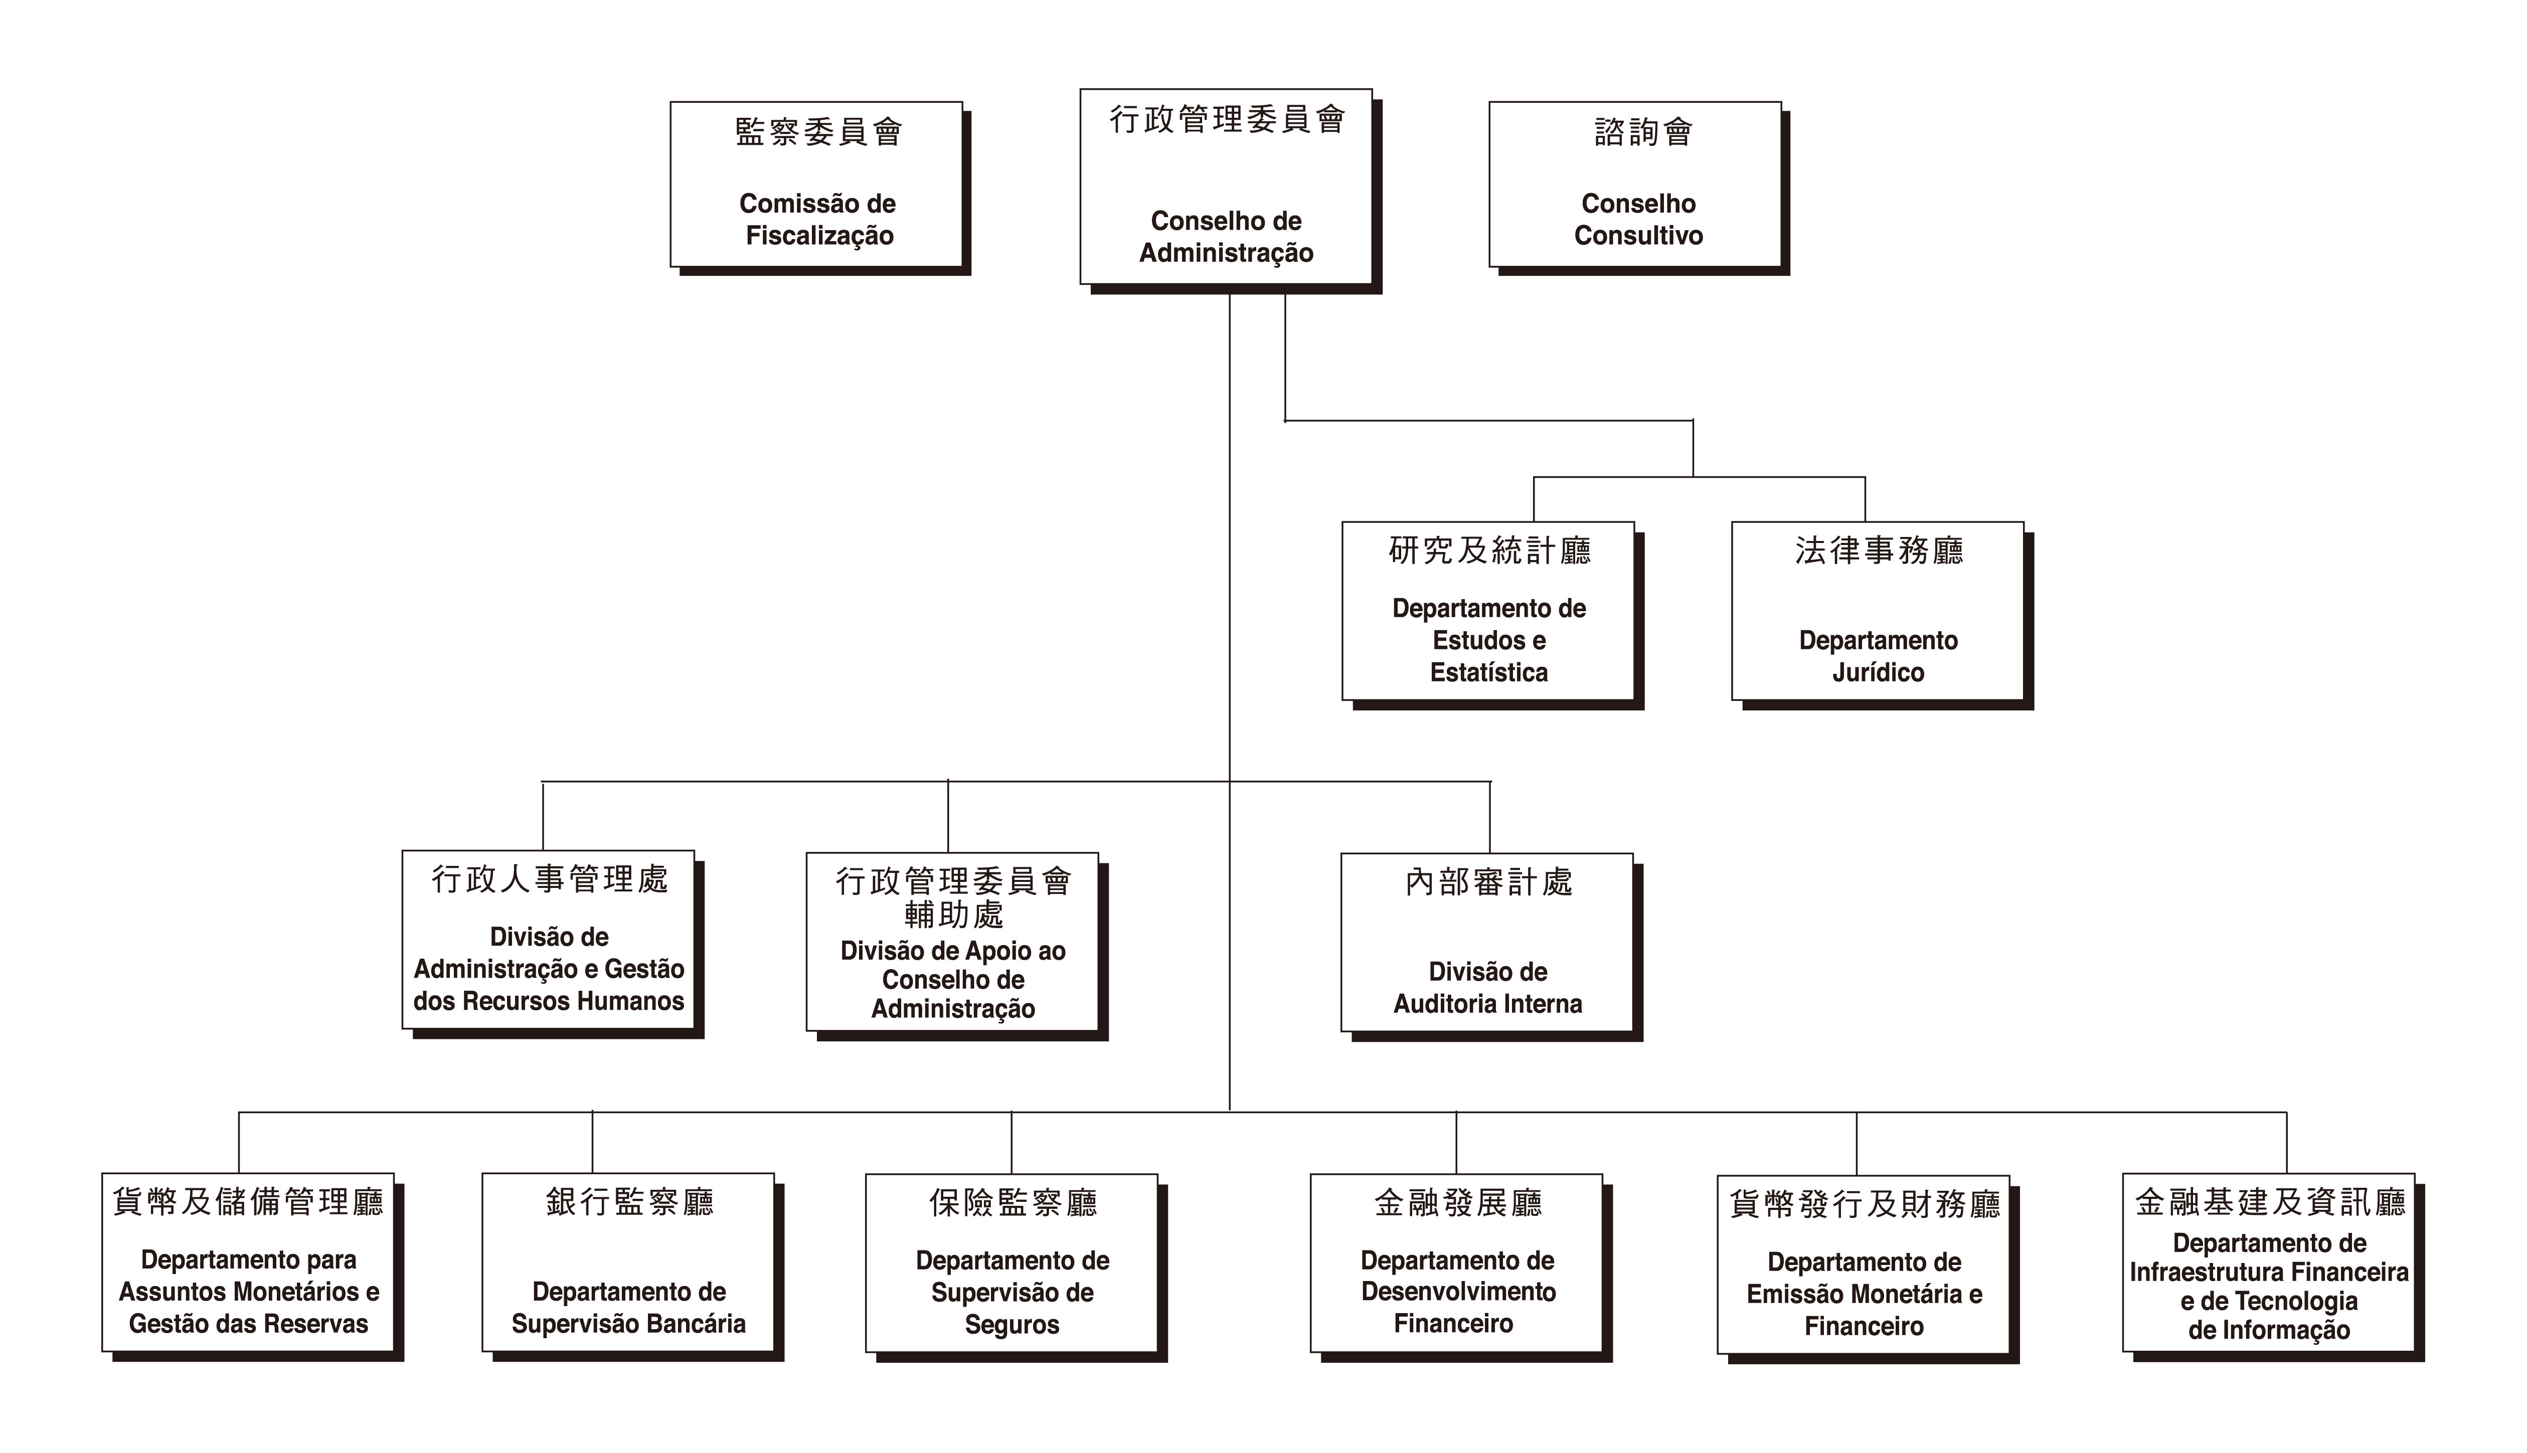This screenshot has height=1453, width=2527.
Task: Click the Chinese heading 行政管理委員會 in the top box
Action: pyautogui.click(x=1228, y=120)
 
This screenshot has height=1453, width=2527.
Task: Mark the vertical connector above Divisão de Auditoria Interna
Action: pyautogui.click(x=1490, y=816)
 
